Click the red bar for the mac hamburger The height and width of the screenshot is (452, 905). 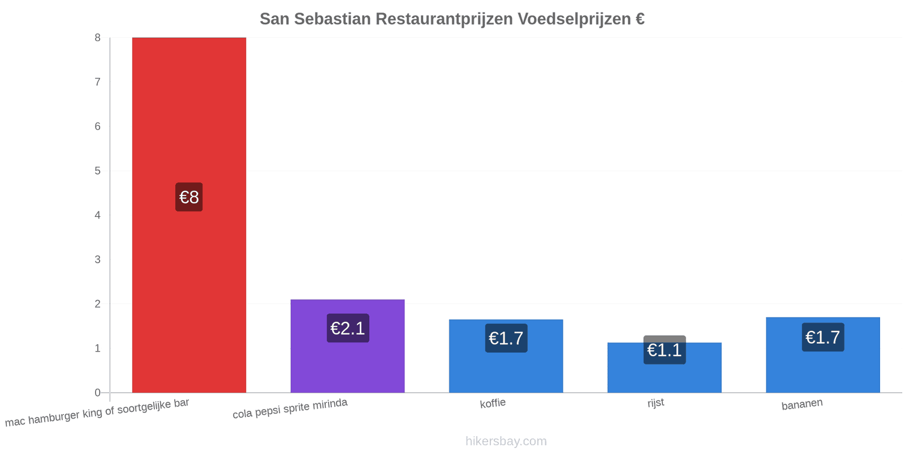189,215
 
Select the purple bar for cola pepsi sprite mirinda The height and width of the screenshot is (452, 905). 347,346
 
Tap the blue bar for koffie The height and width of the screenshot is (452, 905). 506,356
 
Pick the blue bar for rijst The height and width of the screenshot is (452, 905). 664,368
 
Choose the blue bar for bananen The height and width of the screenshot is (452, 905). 822,355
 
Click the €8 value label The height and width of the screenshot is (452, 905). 189,197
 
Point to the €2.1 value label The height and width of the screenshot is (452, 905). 348,328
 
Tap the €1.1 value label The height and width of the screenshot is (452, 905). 665,350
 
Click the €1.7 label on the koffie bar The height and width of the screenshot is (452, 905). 506,338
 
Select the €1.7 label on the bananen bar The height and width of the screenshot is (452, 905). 823,337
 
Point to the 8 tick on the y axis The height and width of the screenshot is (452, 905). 97,37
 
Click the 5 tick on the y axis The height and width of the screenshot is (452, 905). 97,171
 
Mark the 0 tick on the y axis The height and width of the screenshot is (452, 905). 97,392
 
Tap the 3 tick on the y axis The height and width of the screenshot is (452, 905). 97,259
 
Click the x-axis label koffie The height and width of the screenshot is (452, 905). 493,403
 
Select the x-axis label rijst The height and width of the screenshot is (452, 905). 656,403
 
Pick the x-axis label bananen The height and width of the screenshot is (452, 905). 802,404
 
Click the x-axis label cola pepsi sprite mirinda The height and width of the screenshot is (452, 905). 290,408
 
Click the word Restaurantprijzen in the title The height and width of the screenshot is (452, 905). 444,19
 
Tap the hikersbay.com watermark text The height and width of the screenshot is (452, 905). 506,441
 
